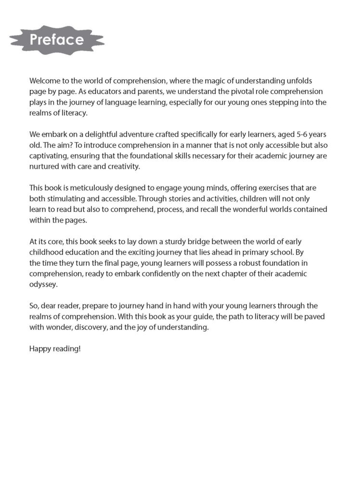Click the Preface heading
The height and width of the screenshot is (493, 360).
(x=57, y=39)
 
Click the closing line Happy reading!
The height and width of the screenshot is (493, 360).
(x=55, y=348)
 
